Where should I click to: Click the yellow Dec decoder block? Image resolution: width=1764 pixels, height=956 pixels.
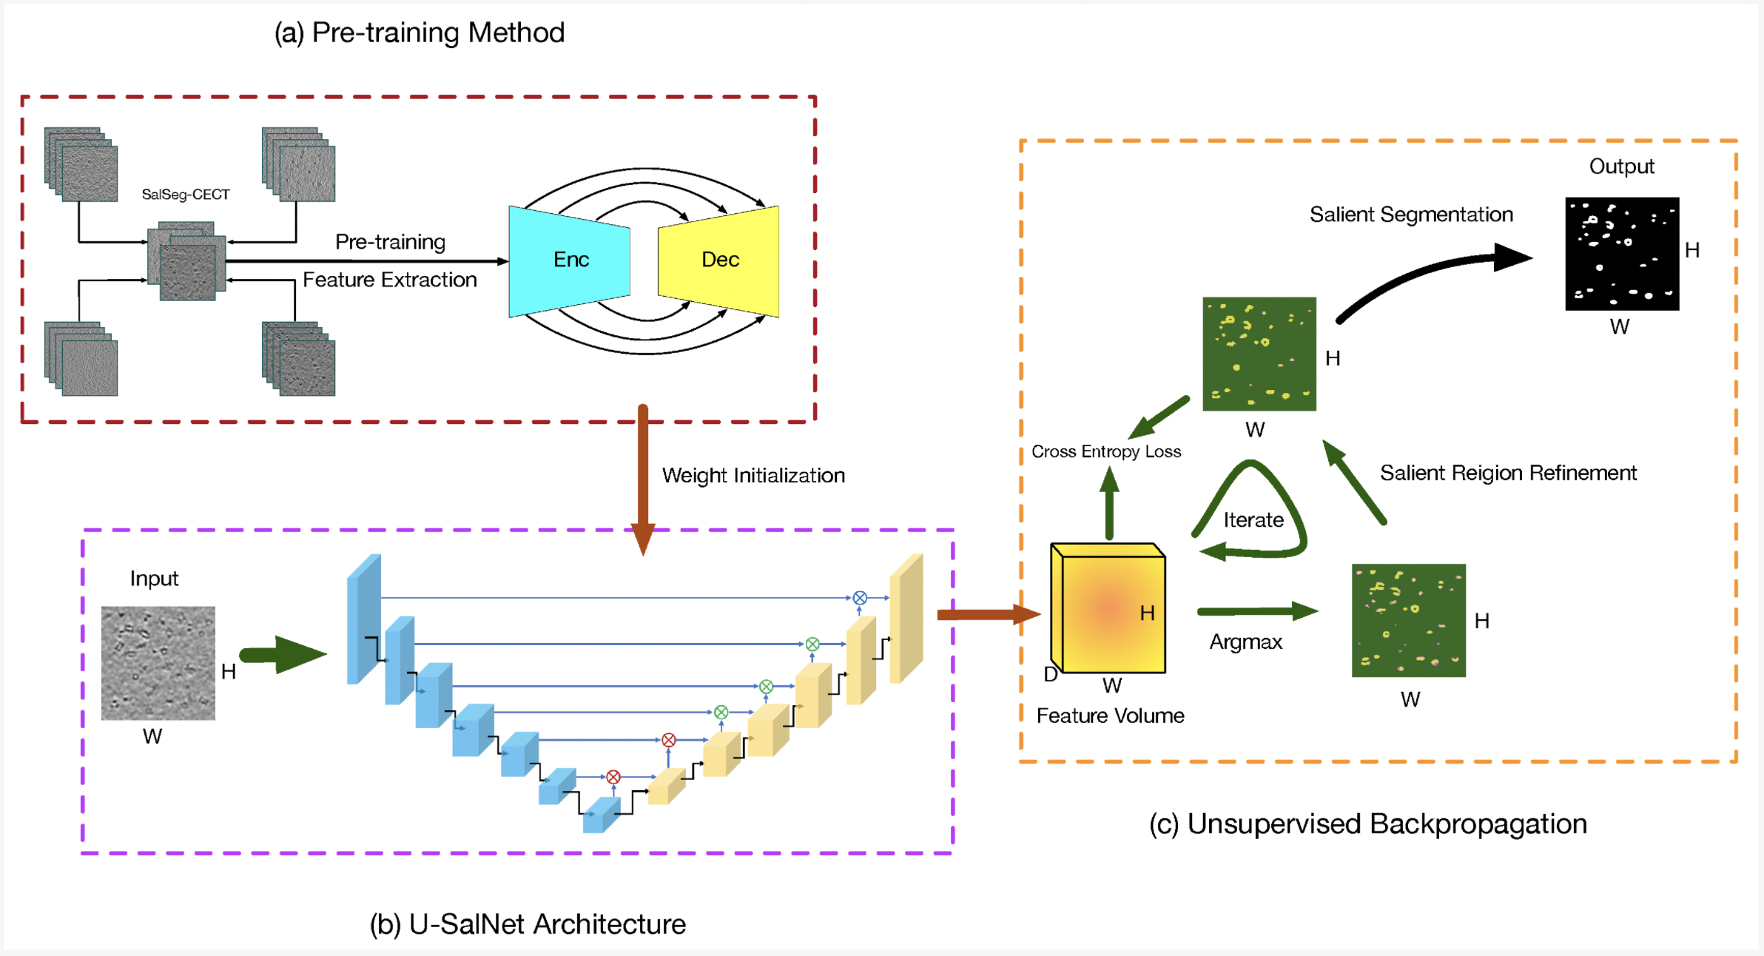point(719,260)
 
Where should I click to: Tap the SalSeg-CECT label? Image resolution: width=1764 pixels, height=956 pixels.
point(186,195)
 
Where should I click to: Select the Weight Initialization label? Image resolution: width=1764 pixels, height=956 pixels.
point(753,475)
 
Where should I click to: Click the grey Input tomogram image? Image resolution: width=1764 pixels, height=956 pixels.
point(158,663)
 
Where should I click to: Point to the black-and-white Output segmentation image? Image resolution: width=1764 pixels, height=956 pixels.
point(1622,254)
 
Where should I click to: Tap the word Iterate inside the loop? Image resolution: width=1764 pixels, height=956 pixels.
point(1253,520)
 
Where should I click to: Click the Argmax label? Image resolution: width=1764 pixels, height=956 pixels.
point(1246,642)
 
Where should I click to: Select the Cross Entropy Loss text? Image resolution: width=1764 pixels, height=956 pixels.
point(1106,451)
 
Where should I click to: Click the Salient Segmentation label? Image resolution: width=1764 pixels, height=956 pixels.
point(1411,215)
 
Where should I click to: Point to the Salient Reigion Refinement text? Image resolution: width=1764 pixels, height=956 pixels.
point(1508,473)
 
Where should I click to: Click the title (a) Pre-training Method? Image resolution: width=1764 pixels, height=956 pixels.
point(420,33)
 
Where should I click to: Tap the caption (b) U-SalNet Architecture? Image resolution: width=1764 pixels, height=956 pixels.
point(528,924)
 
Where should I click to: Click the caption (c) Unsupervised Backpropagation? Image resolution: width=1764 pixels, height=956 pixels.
point(1368,824)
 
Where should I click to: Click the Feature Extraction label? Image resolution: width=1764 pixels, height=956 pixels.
point(390,280)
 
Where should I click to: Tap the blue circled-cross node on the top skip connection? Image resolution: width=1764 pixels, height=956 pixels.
point(860,598)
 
